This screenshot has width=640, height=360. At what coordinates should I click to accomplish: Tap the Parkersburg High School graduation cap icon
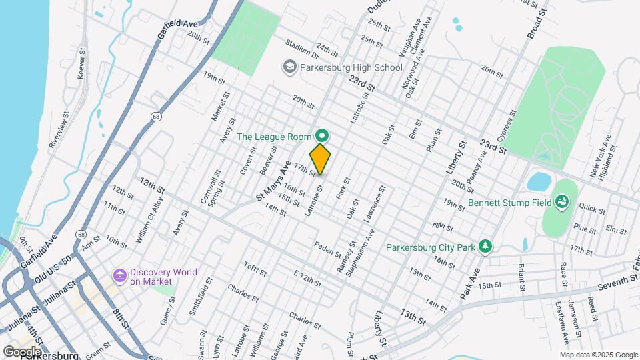click(x=289, y=67)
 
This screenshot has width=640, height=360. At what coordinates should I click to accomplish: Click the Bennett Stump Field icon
click(x=561, y=201)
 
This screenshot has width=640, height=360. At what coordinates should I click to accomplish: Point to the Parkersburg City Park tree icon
click(x=487, y=247)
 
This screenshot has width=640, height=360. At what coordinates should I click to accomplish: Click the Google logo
click(x=22, y=351)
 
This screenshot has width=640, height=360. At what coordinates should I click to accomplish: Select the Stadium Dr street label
click(x=301, y=48)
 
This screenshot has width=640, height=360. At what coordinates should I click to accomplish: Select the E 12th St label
click(x=307, y=277)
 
